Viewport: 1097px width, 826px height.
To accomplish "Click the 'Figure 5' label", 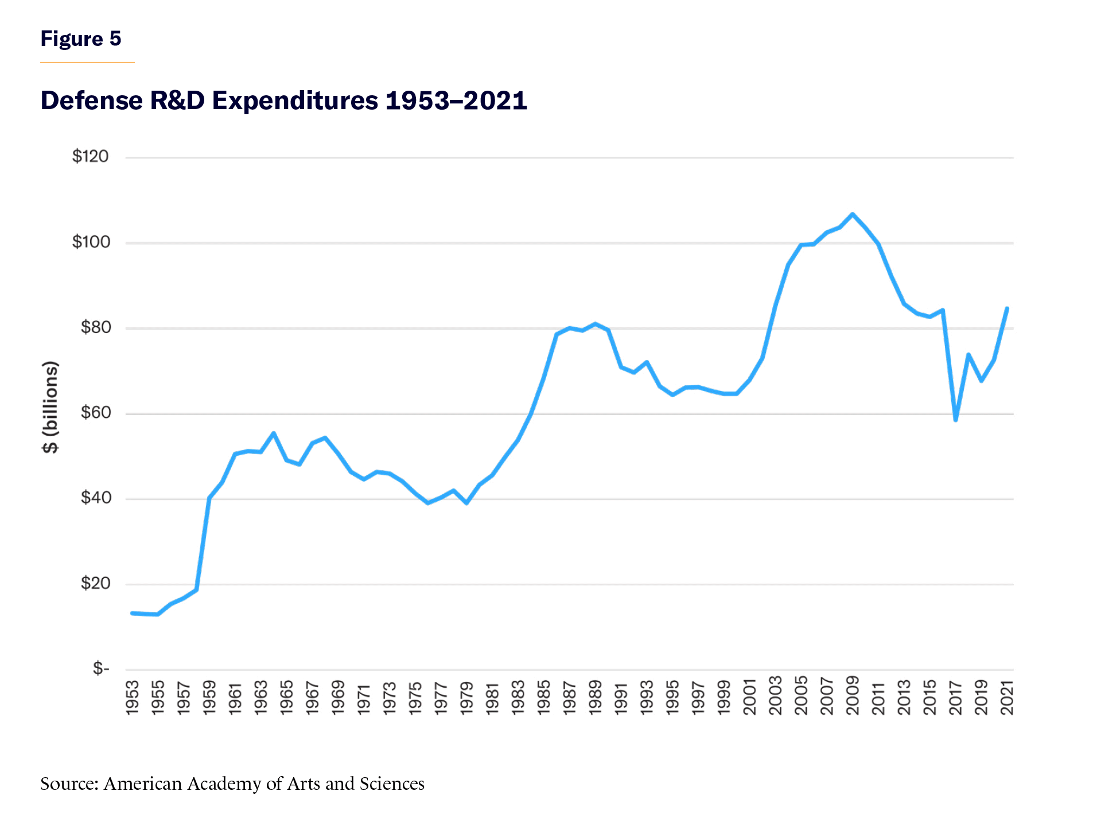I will (x=81, y=39).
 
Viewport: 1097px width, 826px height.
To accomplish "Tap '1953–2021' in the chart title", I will (x=456, y=100).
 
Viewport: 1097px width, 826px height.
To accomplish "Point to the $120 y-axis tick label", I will (x=90, y=157).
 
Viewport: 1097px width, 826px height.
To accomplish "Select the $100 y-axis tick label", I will (x=91, y=242).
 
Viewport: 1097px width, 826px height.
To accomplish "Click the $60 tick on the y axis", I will (x=95, y=413).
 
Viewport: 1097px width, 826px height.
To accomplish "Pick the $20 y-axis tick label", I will (x=95, y=584).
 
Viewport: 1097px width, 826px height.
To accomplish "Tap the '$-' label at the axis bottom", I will (x=101, y=669).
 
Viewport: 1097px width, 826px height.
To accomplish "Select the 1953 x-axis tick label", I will (x=133, y=697).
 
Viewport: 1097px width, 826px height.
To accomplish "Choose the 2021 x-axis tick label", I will (x=1007, y=697).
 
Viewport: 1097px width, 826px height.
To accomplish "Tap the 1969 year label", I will (x=339, y=697).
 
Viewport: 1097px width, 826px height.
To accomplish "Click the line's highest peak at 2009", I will (x=853, y=214).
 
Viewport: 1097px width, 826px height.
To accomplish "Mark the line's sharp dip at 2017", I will (x=955, y=420).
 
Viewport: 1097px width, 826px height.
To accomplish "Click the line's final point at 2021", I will (x=1007, y=309).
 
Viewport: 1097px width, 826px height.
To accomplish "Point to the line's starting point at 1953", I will (x=133, y=613).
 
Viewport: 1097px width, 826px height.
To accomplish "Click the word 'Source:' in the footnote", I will (x=69, y=784).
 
